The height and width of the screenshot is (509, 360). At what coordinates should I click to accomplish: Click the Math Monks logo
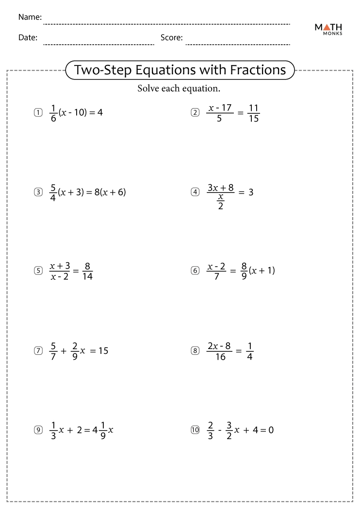[328, 30]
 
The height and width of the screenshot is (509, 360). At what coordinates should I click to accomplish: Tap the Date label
[28, 38]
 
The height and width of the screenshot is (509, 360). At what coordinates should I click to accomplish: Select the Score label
[171, 38]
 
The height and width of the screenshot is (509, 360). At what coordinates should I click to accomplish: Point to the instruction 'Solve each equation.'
[179, 89]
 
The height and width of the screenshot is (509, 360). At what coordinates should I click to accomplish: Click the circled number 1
[38, 113]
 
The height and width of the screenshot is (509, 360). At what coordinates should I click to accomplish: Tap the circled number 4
[196, 192]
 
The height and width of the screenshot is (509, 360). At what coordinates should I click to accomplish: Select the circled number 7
[38, 350]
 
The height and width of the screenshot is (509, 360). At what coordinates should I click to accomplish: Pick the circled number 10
[196, 429]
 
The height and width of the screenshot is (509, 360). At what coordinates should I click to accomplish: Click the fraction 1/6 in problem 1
[53, 113]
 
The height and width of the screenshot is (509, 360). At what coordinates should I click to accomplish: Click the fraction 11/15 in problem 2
[253, 113]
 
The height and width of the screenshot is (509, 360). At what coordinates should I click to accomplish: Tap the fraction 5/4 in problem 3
[53, 192]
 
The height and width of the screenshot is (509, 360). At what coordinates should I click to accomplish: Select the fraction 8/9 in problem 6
[244, 271]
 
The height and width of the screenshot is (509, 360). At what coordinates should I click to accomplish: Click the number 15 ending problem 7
[103, 350]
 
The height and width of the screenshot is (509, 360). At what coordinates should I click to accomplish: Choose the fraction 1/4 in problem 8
[249, 350]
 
